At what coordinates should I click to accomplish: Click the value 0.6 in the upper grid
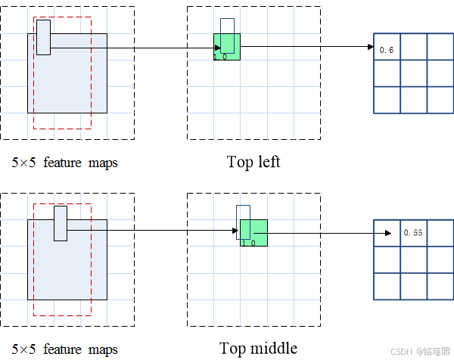pyautogui.click(x=387, y=50)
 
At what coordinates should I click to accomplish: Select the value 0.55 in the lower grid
pyautogui.click(x=413, y=233)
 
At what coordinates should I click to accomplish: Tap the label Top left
pyautogui.click(x=253, y=162)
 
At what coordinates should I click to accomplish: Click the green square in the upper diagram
pyautogui.click(x=227, y=46)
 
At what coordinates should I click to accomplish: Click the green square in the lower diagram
pyautogui.click(x=254, y=232)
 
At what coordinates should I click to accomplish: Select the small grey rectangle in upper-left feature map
pyautogui.click(x=43, y=37)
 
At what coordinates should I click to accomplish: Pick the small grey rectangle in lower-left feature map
pyautogui.click(x=61, y=223)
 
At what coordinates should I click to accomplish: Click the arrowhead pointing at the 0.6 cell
pyautogui.click(x=371, y=47)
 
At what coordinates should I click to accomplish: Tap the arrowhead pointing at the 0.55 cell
pyautogui.click(x=395, y=233)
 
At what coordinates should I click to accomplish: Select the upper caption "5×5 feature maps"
pyautogui.click(x=65, y=163)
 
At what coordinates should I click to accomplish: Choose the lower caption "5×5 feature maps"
pyautogui.click(x=65, y=349)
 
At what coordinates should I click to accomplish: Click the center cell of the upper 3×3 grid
pyautogui.click(x=413, y=73)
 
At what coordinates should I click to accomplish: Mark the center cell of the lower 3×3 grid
pyautogui.click(x=413, y=259)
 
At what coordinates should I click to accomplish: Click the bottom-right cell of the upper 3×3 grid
pyautogui.click(x=440, y=100)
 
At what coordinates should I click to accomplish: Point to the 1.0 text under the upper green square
pyautogui.click(x=220, y=57)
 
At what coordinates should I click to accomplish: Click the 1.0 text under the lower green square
pyautogui.click(x=247, y=243)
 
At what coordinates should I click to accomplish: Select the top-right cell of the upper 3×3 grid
pyautogui.click(x=440, y=47)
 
